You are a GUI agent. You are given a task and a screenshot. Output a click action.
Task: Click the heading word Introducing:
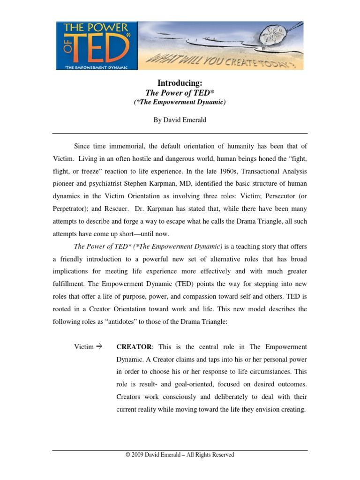pos(180,83)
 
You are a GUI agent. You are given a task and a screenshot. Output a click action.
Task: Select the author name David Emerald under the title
pos(189,120)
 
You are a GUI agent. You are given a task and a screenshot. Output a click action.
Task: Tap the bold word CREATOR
pos(134,347)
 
